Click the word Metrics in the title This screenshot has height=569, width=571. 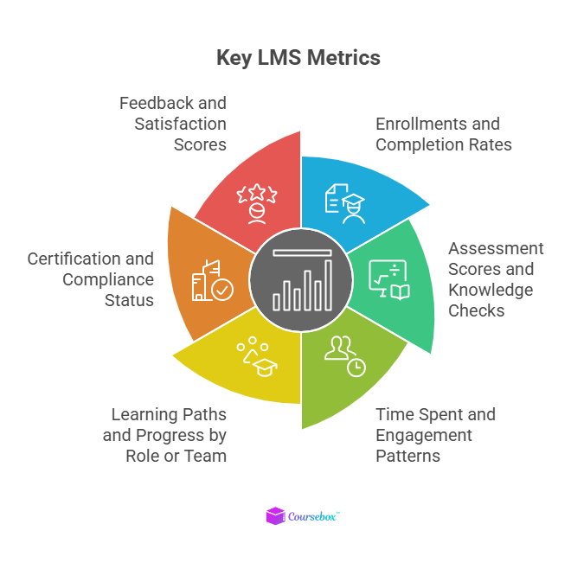pyautogui.click(x=341, y=58)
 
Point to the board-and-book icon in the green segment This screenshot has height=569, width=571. pyautogui.click(x=389, y=278)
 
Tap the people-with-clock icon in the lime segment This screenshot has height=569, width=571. pyautogui.click(x=344, y=354)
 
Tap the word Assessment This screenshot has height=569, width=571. pyautogui.click(x=496, y=248)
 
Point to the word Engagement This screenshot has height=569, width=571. pyautogui.click(x=424, y=434)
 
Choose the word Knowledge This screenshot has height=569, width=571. pyautogui.click(x=491, y=290)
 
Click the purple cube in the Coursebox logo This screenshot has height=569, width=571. pyautogui.click(x=275, y=516)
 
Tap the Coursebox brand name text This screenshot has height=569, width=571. pyautogui.click(x=314, y=516)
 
